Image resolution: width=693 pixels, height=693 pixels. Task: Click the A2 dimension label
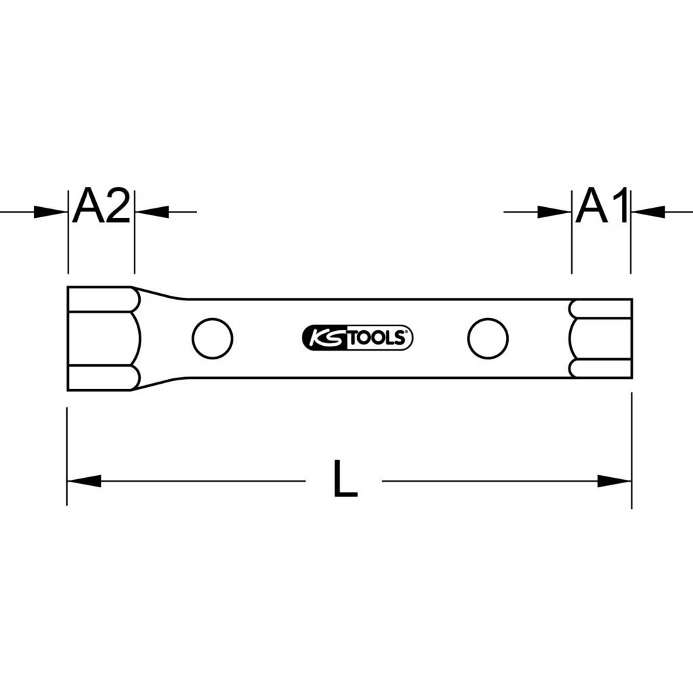pos(102,206)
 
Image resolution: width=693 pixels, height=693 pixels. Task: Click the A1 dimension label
pos(602,206)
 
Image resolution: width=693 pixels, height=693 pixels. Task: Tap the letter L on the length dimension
pos(345,478)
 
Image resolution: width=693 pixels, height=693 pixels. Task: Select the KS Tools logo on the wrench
pos(357,338)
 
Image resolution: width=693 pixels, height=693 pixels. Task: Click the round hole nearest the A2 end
pos(213,338)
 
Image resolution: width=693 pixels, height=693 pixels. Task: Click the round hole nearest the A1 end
pos(488,338)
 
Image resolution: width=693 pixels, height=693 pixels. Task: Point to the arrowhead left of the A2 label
pos(51,212)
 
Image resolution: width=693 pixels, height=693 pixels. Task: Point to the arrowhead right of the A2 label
pos(152,212)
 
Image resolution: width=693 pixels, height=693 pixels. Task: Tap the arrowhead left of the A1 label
pos(554,212)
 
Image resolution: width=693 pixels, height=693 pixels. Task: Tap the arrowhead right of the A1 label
pos(648,212)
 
